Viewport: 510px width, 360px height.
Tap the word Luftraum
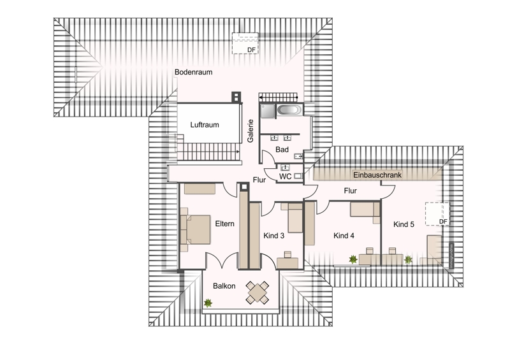(x=205, y=125)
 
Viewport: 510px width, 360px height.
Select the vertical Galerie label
(x=251, y=131)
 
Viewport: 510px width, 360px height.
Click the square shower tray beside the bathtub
(x=268, y=111)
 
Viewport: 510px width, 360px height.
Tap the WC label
(x=285, y=176)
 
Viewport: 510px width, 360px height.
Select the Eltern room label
(x=225, y=224)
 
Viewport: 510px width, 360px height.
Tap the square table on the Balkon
(x=258, y=293)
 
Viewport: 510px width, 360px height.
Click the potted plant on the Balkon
(x=208, y=303)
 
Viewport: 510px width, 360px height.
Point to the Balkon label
(x=224, y=286)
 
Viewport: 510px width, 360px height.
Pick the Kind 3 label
(x=275, y=236)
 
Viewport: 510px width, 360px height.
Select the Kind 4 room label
(x=344, y=236)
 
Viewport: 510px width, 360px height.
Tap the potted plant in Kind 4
(x=353, y=259)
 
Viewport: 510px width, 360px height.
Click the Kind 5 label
(x=404, y=224)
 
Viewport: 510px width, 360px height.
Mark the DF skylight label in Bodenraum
(x=251, y=49)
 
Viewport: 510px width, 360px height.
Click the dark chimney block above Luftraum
(x=236, y=98)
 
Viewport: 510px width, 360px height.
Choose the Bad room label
(x=282, y=149)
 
